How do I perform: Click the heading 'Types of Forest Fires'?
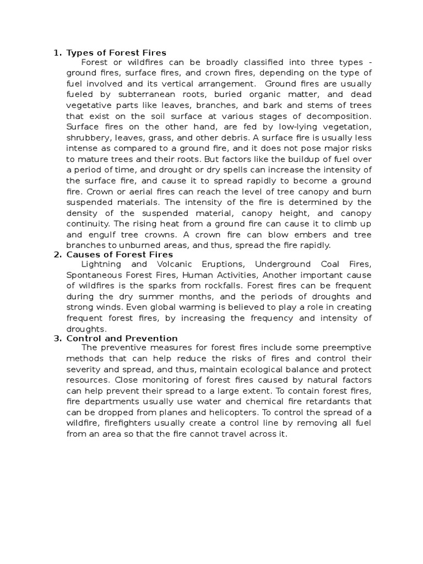[x=116, y=53]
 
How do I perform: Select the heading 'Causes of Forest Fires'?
[x=120, y=254]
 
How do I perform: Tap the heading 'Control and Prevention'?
[x=122, y=338]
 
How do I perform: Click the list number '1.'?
[x=57, y=53]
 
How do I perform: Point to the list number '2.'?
[x=57, y=254]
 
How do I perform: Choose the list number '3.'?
[x=57, y=338]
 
